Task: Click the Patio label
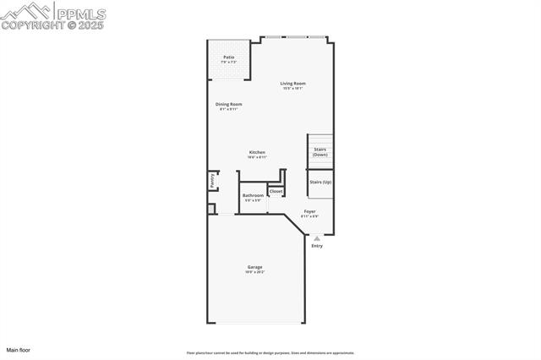click(228, 57)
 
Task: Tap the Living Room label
click(293, 83)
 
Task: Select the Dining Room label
click(229, 104)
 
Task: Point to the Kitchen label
click(257, 152)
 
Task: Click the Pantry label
click(212, 181)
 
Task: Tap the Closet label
click(276, 191)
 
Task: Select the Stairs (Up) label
click(320, 182)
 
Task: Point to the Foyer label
click(310, 211)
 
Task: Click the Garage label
click(254, 267)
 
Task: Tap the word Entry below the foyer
click(317, 246)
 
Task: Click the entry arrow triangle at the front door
click(317, 238)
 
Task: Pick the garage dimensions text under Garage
click(254, 272)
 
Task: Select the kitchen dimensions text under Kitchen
click(257, 157)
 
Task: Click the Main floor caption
click(18, 349)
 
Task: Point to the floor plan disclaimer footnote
click(270, 353)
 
